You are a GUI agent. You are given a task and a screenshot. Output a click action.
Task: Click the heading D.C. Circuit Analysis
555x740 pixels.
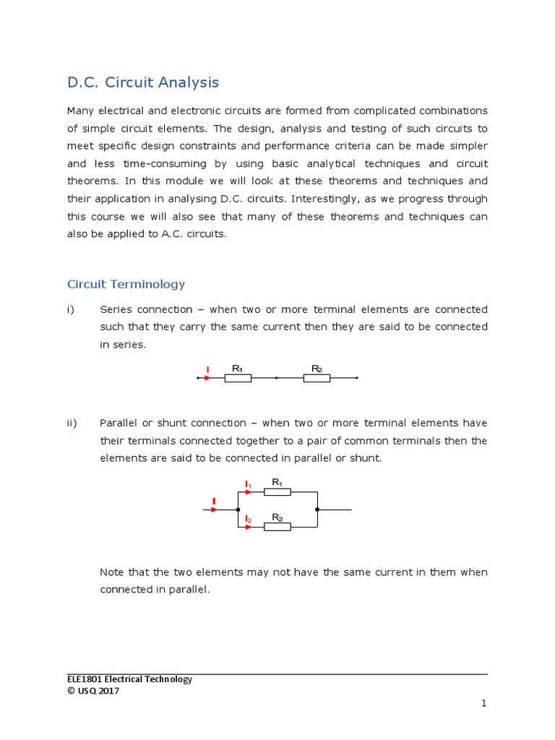(x=142, y=82)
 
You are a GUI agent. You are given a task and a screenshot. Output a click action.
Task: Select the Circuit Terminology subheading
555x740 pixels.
(x=126, y=284)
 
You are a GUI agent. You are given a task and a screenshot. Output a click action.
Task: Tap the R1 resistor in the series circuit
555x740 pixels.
(x=238, y=377)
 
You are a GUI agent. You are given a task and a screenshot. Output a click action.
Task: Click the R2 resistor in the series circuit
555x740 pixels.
(x=317, y=377)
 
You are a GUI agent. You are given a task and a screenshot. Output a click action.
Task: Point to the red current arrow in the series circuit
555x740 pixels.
(x=207, y=377)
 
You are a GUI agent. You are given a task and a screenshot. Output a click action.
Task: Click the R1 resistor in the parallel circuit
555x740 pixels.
(x=277, y=491)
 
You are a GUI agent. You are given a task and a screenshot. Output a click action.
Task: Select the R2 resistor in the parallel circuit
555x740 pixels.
(x=277, y=527)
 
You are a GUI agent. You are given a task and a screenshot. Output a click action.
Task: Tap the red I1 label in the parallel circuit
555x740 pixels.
(x=248, y=483)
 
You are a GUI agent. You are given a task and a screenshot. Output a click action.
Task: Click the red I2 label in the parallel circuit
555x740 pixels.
(x=248, y=519)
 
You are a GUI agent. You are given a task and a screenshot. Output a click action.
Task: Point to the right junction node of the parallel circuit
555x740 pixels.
(x=317, y=509)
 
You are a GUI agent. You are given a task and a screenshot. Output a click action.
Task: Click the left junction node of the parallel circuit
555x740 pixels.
(x=238, y=509)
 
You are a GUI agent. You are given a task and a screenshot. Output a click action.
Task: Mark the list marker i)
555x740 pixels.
(x=71, y=309)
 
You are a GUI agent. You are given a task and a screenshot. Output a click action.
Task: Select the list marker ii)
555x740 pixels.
(x=72, y=423)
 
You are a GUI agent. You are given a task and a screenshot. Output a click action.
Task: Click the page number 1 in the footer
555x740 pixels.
(x=484, y=703)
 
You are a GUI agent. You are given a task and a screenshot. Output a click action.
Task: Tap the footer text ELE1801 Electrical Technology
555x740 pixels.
(x=129, y=679)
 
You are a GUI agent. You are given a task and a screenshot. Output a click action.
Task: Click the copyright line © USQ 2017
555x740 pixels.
(x=93, y=691)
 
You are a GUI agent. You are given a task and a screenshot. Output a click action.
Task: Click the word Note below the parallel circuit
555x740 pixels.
(x=112, y=572)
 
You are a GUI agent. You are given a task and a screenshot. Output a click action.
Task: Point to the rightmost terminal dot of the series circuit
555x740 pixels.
(x=356, y=377)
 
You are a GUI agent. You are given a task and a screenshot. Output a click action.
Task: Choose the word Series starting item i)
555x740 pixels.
(x=116, y=309)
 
